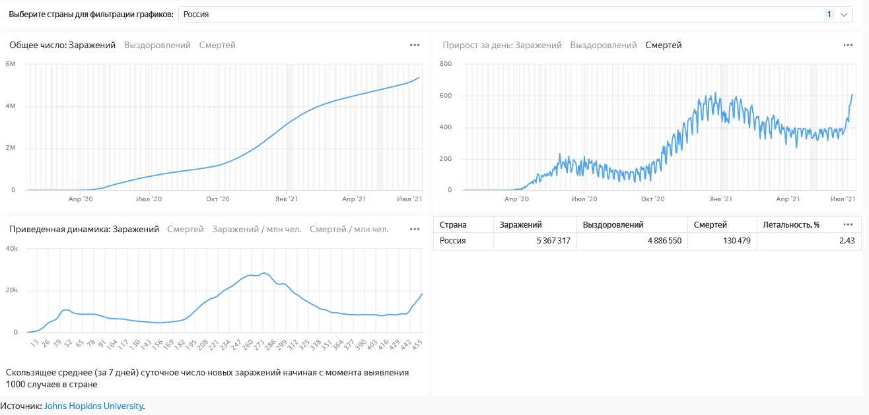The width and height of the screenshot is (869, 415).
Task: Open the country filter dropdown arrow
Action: (843, 15)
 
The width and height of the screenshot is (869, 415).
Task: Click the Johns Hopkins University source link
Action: (94, 406)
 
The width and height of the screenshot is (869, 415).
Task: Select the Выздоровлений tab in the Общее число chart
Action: (157, 46)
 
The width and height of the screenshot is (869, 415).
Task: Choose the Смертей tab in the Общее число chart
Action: (217, 46)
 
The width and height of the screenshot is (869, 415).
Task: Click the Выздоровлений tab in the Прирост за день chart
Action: (604, 46)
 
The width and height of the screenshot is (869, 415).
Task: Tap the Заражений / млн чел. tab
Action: (256, 230)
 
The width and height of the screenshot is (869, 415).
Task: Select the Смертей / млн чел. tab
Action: (349, 230)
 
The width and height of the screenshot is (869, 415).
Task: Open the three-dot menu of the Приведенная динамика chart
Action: (415, 230)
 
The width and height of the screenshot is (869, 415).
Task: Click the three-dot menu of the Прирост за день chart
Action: (848, 46)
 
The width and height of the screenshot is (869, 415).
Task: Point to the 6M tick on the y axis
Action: (11, 64)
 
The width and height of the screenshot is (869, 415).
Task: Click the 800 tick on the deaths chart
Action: (445, 64)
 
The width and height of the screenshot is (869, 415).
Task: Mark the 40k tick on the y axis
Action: (12, 249)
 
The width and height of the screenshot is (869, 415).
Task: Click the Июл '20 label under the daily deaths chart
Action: (584, 199)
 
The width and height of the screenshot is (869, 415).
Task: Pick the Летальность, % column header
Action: (791, 225)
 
